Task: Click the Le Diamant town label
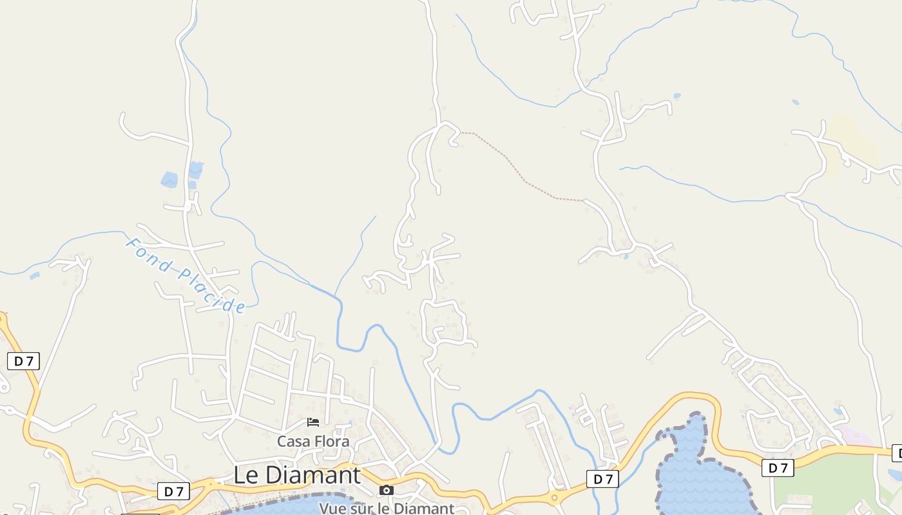pos(296,475)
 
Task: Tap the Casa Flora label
pos(313,442)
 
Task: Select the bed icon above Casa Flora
pos(313,422)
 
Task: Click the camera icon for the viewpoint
pos(386,491)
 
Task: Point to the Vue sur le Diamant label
pos(387,508)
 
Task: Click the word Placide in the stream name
pos(213,290)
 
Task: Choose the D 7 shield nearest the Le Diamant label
pos(173,492)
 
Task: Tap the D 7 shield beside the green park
pos(778,468)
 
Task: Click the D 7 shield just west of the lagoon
pos(602,479)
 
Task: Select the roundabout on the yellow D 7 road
pos(553,497)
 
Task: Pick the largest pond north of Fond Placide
pos(169,180)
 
